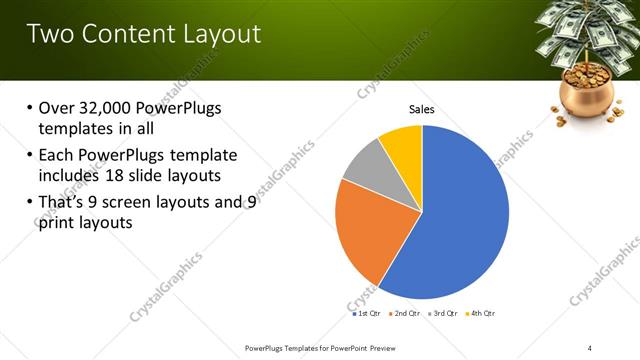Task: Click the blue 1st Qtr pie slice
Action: click(460, 220)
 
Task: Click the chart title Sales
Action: click(421, 109)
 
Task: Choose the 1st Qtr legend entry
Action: click(366, 313)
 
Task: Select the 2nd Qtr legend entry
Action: click(406, 313)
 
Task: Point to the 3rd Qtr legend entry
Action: click(444, 313)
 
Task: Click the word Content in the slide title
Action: click(125, 34)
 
